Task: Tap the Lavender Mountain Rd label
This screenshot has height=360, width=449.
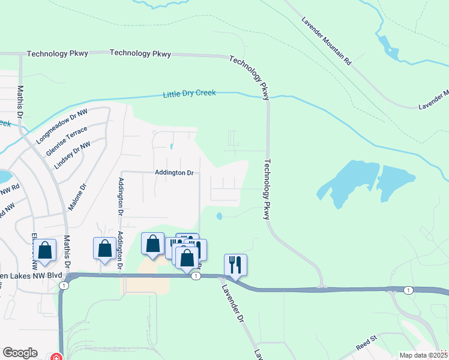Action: point(327,37)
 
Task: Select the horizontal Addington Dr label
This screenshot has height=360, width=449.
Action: point(174,173)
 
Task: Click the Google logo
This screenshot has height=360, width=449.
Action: point(20,353)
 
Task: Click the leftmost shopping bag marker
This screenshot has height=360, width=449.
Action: point(45,249)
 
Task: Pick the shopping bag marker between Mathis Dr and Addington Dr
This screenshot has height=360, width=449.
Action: point(104,248)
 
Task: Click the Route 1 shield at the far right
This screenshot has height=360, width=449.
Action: point(408,290)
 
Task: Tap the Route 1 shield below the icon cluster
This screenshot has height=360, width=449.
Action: point(196,276)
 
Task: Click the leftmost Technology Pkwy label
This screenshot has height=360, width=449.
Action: point(58,53)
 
